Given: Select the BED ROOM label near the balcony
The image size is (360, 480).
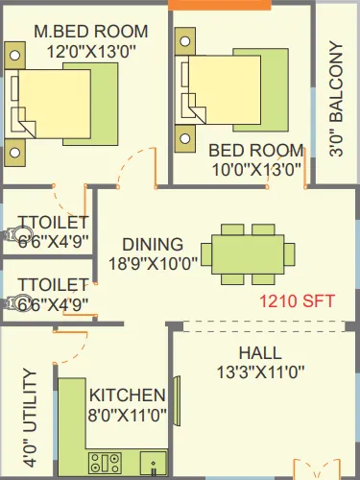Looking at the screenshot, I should click(x=256, y=152).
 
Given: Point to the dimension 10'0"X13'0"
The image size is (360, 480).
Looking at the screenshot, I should click(x=256, y=171).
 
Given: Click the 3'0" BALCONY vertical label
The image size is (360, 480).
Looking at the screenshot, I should click(x=335, y=110).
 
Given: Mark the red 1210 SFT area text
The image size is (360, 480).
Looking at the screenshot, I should click(x=298, y=300).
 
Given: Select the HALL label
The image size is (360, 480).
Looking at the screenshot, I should click(x=259, y=352).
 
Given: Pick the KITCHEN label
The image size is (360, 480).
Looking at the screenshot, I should click(x=127, y=395).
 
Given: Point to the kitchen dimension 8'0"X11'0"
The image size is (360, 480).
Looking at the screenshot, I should click(x=127, y=415).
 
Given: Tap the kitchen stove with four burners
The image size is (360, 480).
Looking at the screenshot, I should click(x=103, y=464).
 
